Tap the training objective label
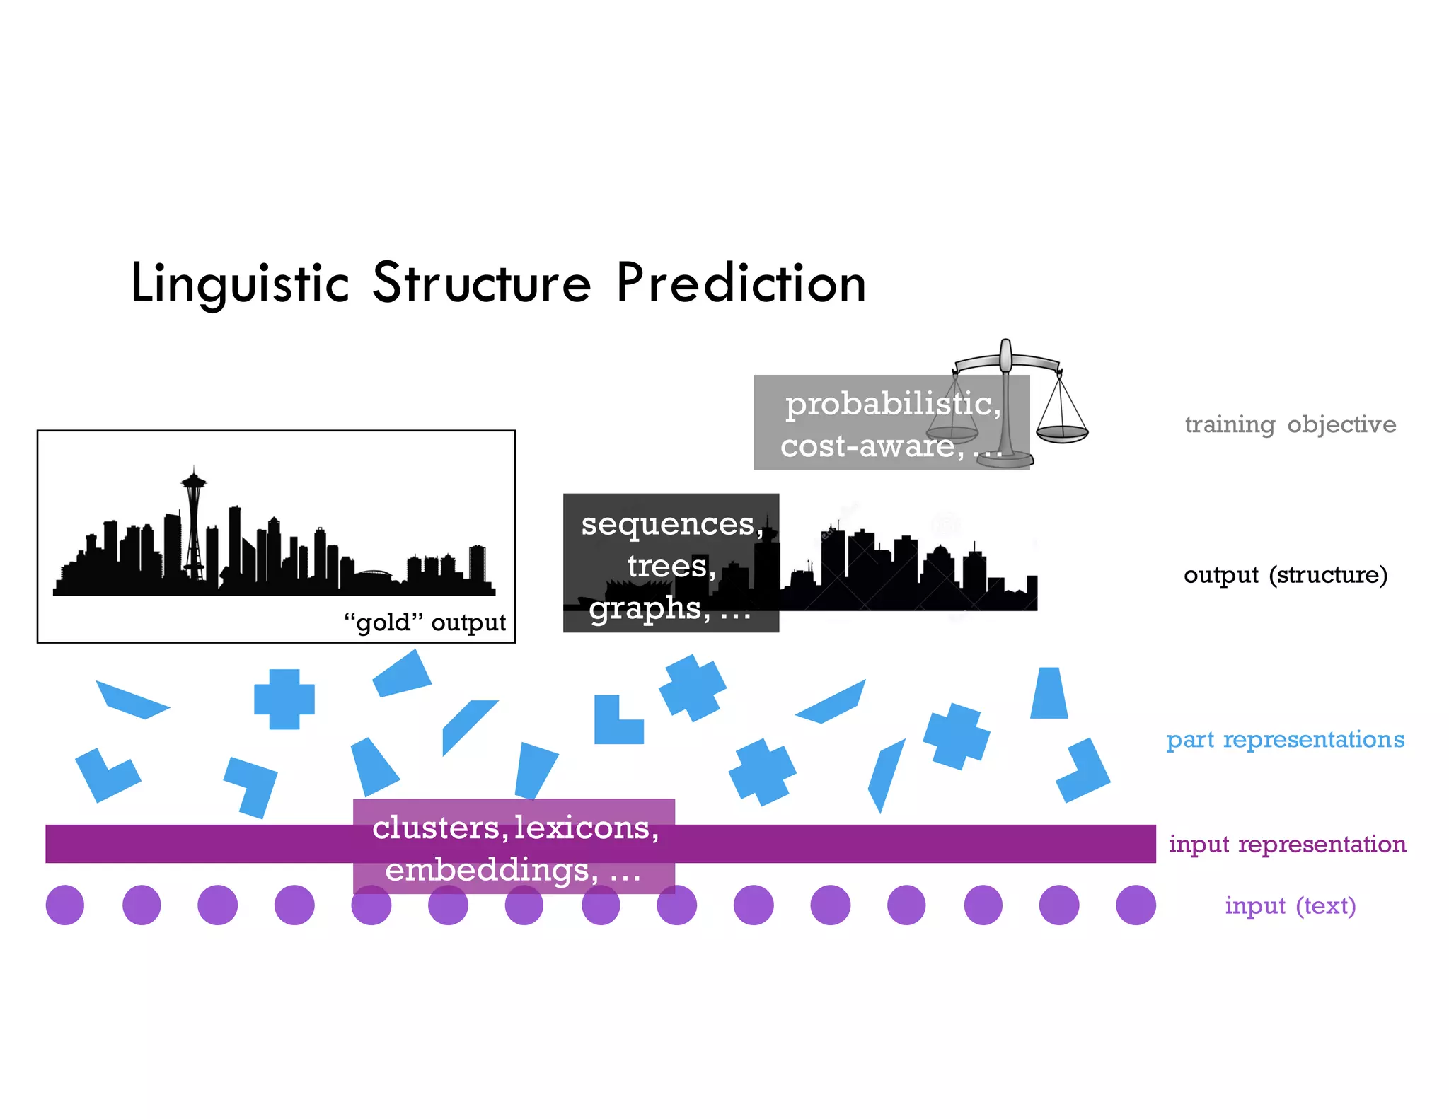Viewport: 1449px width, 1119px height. pos(1290,424)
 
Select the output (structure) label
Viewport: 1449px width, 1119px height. pos(1285,574)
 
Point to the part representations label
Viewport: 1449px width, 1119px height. pos(1285,739)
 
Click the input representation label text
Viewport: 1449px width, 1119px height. pos(1287,844)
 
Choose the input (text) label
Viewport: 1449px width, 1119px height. pos(1290,905)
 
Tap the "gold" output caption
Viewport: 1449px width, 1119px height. pos(425,622)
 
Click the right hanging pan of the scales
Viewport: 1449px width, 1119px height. pos(1061,432)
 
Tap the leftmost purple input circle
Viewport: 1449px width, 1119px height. pos(65,905)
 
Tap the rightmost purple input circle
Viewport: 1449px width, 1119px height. pos(1135,905)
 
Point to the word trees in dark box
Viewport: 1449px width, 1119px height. pos(669,566)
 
